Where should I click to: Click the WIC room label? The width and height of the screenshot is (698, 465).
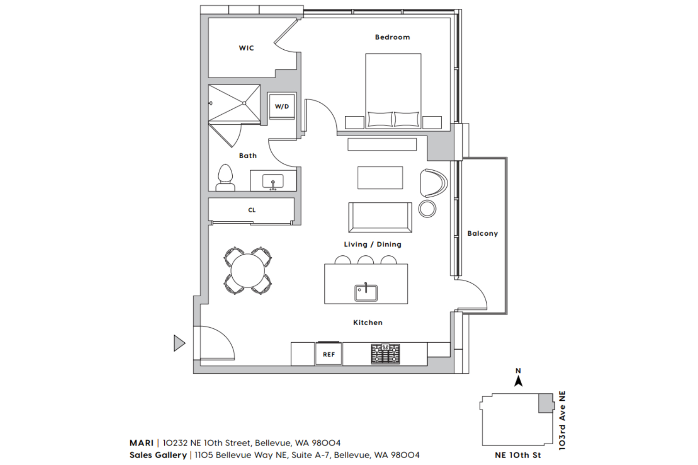246,48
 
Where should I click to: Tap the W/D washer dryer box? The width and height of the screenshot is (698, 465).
282,106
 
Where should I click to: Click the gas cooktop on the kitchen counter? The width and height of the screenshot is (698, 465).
385,353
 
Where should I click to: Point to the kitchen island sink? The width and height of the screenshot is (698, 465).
366,292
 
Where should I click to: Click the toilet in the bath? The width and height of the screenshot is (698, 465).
225,178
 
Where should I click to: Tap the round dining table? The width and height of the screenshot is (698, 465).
248,271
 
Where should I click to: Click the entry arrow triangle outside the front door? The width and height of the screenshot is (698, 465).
179,343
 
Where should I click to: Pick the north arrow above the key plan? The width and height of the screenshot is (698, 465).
518,380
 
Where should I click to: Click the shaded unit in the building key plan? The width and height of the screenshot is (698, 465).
546,403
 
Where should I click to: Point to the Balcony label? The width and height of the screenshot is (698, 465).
483,233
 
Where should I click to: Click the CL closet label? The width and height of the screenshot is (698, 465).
252,210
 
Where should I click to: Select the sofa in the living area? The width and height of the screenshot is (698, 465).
380,218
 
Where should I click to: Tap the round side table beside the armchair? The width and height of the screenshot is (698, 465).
427,209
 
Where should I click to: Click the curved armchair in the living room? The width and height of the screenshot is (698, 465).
433,183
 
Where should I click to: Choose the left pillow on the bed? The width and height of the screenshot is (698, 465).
380,120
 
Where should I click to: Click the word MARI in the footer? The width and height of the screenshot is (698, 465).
141,443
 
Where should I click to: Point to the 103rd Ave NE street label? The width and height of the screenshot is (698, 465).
562,420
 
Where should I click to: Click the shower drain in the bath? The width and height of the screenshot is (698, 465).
244,103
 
